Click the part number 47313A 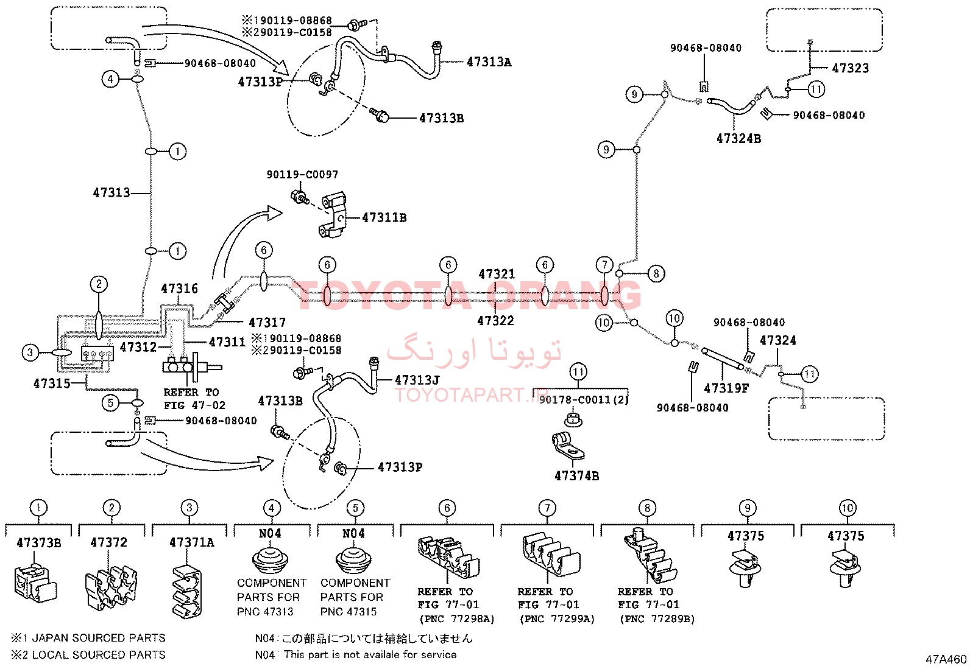[x=489, y=62]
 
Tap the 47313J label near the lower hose [x=417, y=380]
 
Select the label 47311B [x=384, y=218]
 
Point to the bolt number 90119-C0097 [x=302, y=174]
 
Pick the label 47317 [x=267, y=323]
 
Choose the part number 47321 [x=497, y=274]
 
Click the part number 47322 [x=495, y=321]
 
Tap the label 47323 [x=851, y=68]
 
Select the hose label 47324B [x=738, y=138]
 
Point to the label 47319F [x=726, y=388]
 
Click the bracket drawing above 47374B [x=568, y=445]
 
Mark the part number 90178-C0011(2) [x=584, y=399]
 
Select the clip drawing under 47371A [x=187, y=592]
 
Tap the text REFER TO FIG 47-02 [x=194, y=399]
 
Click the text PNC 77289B [x=657, y=619]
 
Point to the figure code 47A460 [x=946, y=659]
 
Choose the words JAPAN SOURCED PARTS [x=99, y=638]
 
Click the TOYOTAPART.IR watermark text [x=466, y=395]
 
